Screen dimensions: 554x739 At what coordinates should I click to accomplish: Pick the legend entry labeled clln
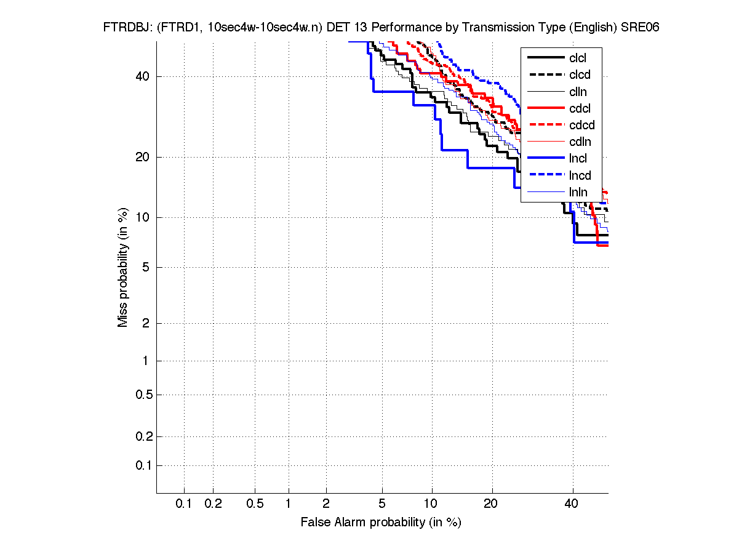(x=578, y=92)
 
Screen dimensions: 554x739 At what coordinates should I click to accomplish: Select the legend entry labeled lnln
(x=578, y=192)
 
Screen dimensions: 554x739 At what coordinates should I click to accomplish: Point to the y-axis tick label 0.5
(x=143, y=395)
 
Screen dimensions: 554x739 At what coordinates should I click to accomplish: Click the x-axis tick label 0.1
(x=184, y=504)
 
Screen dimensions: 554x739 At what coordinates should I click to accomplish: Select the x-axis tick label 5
(x=382, y=504)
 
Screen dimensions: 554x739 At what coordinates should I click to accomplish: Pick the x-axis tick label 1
(x=288, y=504)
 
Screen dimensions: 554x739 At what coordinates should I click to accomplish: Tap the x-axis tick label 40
(x=572, y=504)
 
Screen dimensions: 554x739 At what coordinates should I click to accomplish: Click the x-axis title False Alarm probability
(x=381, y=523)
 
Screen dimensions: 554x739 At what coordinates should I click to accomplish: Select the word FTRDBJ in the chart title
(x=126, y=28)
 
